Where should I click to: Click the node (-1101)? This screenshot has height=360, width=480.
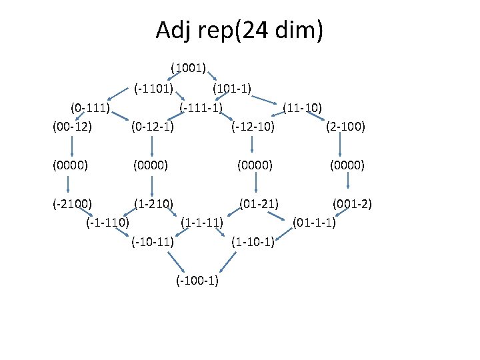point(153,87)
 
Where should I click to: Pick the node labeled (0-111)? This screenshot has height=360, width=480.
point(91,107)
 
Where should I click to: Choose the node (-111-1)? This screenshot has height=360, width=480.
point(201,107)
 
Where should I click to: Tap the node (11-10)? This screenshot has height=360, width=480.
point(303,107)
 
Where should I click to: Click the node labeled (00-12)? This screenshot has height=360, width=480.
point(71,126)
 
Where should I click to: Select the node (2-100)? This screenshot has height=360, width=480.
point(345,126)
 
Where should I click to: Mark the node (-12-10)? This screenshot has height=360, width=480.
point(253,126)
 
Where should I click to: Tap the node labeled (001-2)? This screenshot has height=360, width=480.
point(352,202)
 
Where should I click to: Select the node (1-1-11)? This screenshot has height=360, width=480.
point(202,221)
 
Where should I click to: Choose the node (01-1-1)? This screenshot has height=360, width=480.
point(314,221)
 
